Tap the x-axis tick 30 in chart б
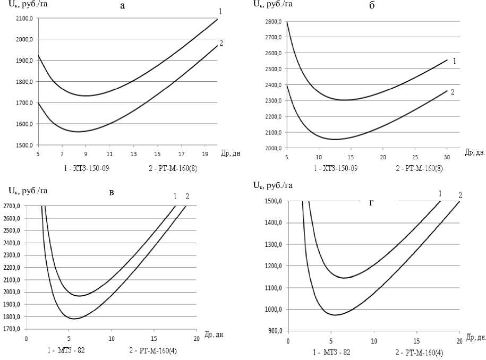447,158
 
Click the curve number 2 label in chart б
453,92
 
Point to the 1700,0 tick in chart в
14,329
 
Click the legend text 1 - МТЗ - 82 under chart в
65,350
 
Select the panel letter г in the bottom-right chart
372,202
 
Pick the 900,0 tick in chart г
277,331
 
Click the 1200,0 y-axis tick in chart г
275,266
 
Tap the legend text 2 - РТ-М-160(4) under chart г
420,353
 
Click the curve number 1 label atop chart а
219,12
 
